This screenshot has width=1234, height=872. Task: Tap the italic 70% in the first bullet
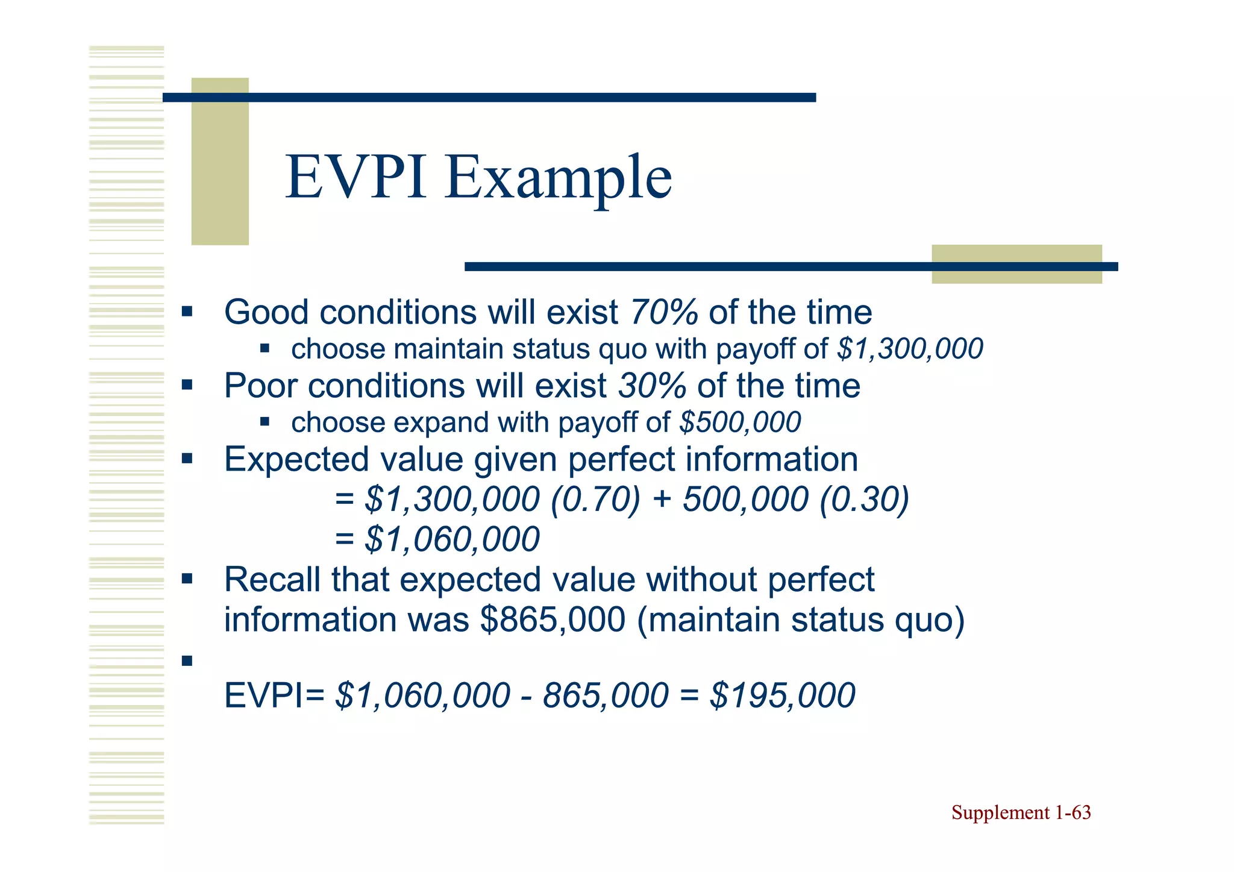point(664,312)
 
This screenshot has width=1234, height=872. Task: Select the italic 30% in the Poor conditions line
point(653,386)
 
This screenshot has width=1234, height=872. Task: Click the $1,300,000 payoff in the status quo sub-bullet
point(910,349)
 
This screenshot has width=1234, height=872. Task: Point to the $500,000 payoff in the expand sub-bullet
point(740,422)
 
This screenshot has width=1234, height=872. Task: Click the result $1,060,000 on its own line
point(452,539)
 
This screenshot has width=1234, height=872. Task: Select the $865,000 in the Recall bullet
point(553,619)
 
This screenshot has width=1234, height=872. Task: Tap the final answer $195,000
point(782,695)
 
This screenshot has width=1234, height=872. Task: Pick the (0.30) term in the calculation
point(864,500)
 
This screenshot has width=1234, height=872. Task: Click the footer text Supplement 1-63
point(1021,813)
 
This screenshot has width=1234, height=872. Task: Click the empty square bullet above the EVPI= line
point(187,661)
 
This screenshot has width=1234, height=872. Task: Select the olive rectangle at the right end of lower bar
point(1016,264)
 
